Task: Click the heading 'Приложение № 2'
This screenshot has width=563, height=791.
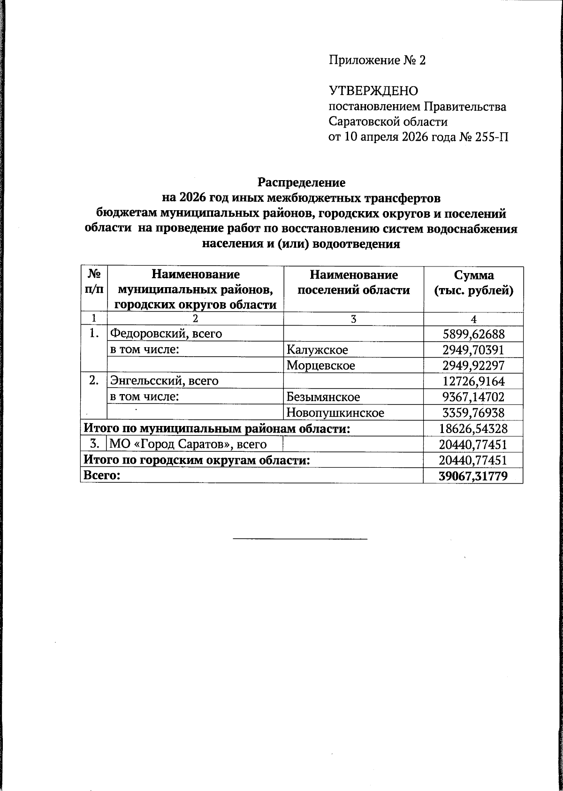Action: (377, 61)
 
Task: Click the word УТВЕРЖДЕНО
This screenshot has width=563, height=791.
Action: (373, 91)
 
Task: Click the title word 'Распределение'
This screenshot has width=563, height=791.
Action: (302, 182)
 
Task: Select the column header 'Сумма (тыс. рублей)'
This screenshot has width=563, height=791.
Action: (473, 283)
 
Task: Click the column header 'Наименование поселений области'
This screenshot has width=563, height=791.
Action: (354, 283)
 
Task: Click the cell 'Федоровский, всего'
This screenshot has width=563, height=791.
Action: (166, 334)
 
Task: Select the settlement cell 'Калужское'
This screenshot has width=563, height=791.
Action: (317, 350)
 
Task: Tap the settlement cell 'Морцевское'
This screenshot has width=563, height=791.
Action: (321, 365)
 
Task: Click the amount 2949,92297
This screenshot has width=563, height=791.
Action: (473, 365)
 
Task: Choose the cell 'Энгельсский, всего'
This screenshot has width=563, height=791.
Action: (164, 381)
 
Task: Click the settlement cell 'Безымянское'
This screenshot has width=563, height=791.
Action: (323, 397)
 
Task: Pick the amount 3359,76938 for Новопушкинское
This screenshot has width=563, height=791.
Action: (473, 413)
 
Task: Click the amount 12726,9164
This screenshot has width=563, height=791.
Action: (473, 381)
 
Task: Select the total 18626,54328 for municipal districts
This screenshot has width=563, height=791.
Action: (473, 428)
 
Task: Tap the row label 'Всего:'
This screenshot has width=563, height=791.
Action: (102, 476)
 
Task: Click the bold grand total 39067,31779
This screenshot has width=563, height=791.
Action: (473, 476)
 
